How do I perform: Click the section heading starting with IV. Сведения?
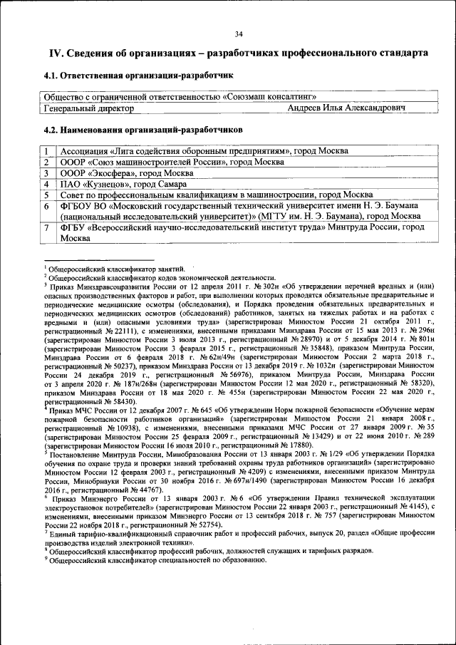pyautogui.click(x=238, y=53)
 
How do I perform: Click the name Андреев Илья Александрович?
pyautogui.click(x=346, y=108)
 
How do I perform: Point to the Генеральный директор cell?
pyautogui.click(x=88, y=108)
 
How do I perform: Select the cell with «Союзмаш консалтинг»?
pyautogui.click(x=180, y=97)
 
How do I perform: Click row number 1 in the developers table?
pyautogui.click(x=46, y=152)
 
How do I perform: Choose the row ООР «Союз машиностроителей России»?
pyautogui.click(x=161, y=162)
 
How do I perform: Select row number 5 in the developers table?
pyautogui.click(x=46, y=195)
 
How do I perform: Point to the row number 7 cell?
pyautogui.click(x=46, y=227)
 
